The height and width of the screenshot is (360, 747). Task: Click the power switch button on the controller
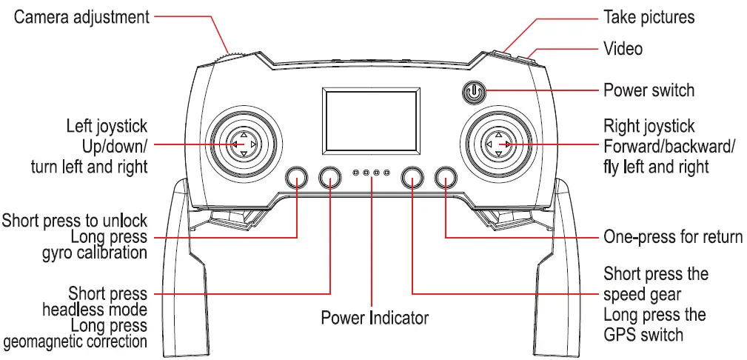click(x=474, y=91)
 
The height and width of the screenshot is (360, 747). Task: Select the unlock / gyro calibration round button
click(x=297, y=176)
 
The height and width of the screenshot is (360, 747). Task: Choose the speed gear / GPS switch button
click(x=412, y=176)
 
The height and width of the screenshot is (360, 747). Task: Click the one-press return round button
click(x=445, y=176)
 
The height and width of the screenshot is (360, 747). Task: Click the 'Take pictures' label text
click(x=649, y=16)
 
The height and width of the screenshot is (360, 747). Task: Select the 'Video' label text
click(x=623, y=49)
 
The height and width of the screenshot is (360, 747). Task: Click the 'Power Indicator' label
click(x=374, y=318)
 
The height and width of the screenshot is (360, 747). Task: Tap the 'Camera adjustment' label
click(x=81, y=16)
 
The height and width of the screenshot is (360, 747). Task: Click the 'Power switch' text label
click(x=649, y=90)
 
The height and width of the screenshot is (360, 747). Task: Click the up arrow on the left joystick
click(x=243, y=134)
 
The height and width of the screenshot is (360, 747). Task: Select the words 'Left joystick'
click(x=107, y=126)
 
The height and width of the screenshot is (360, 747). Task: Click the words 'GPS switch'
click(x=643, y=335)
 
